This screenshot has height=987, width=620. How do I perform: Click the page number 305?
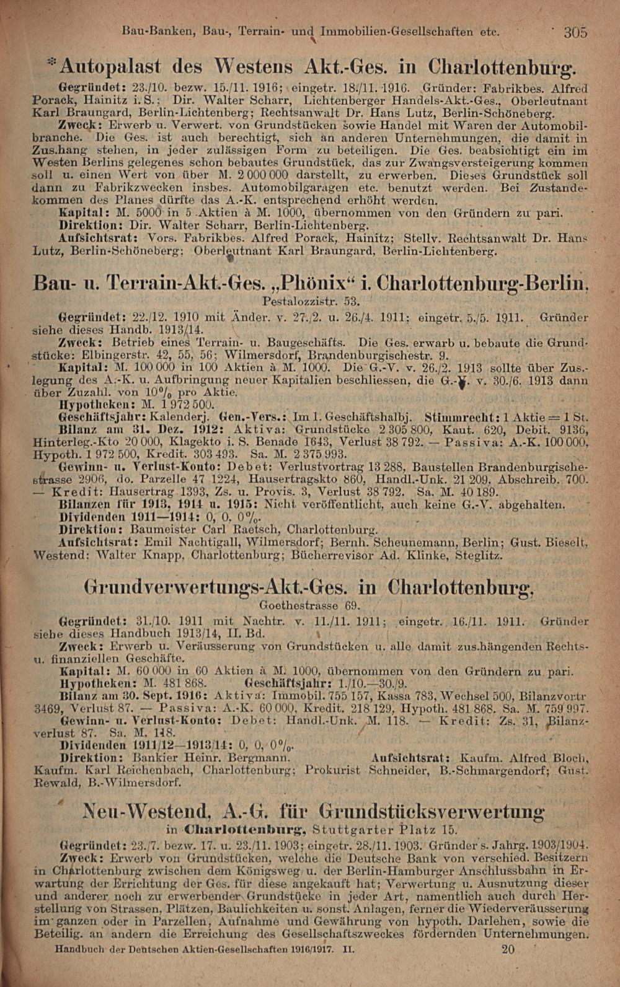tap(575, 32)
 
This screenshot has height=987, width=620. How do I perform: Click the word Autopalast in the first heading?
tap(110, 65)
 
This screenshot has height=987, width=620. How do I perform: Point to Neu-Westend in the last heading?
tap(146, 810)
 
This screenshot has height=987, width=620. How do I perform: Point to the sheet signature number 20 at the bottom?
tap(508, 949)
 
